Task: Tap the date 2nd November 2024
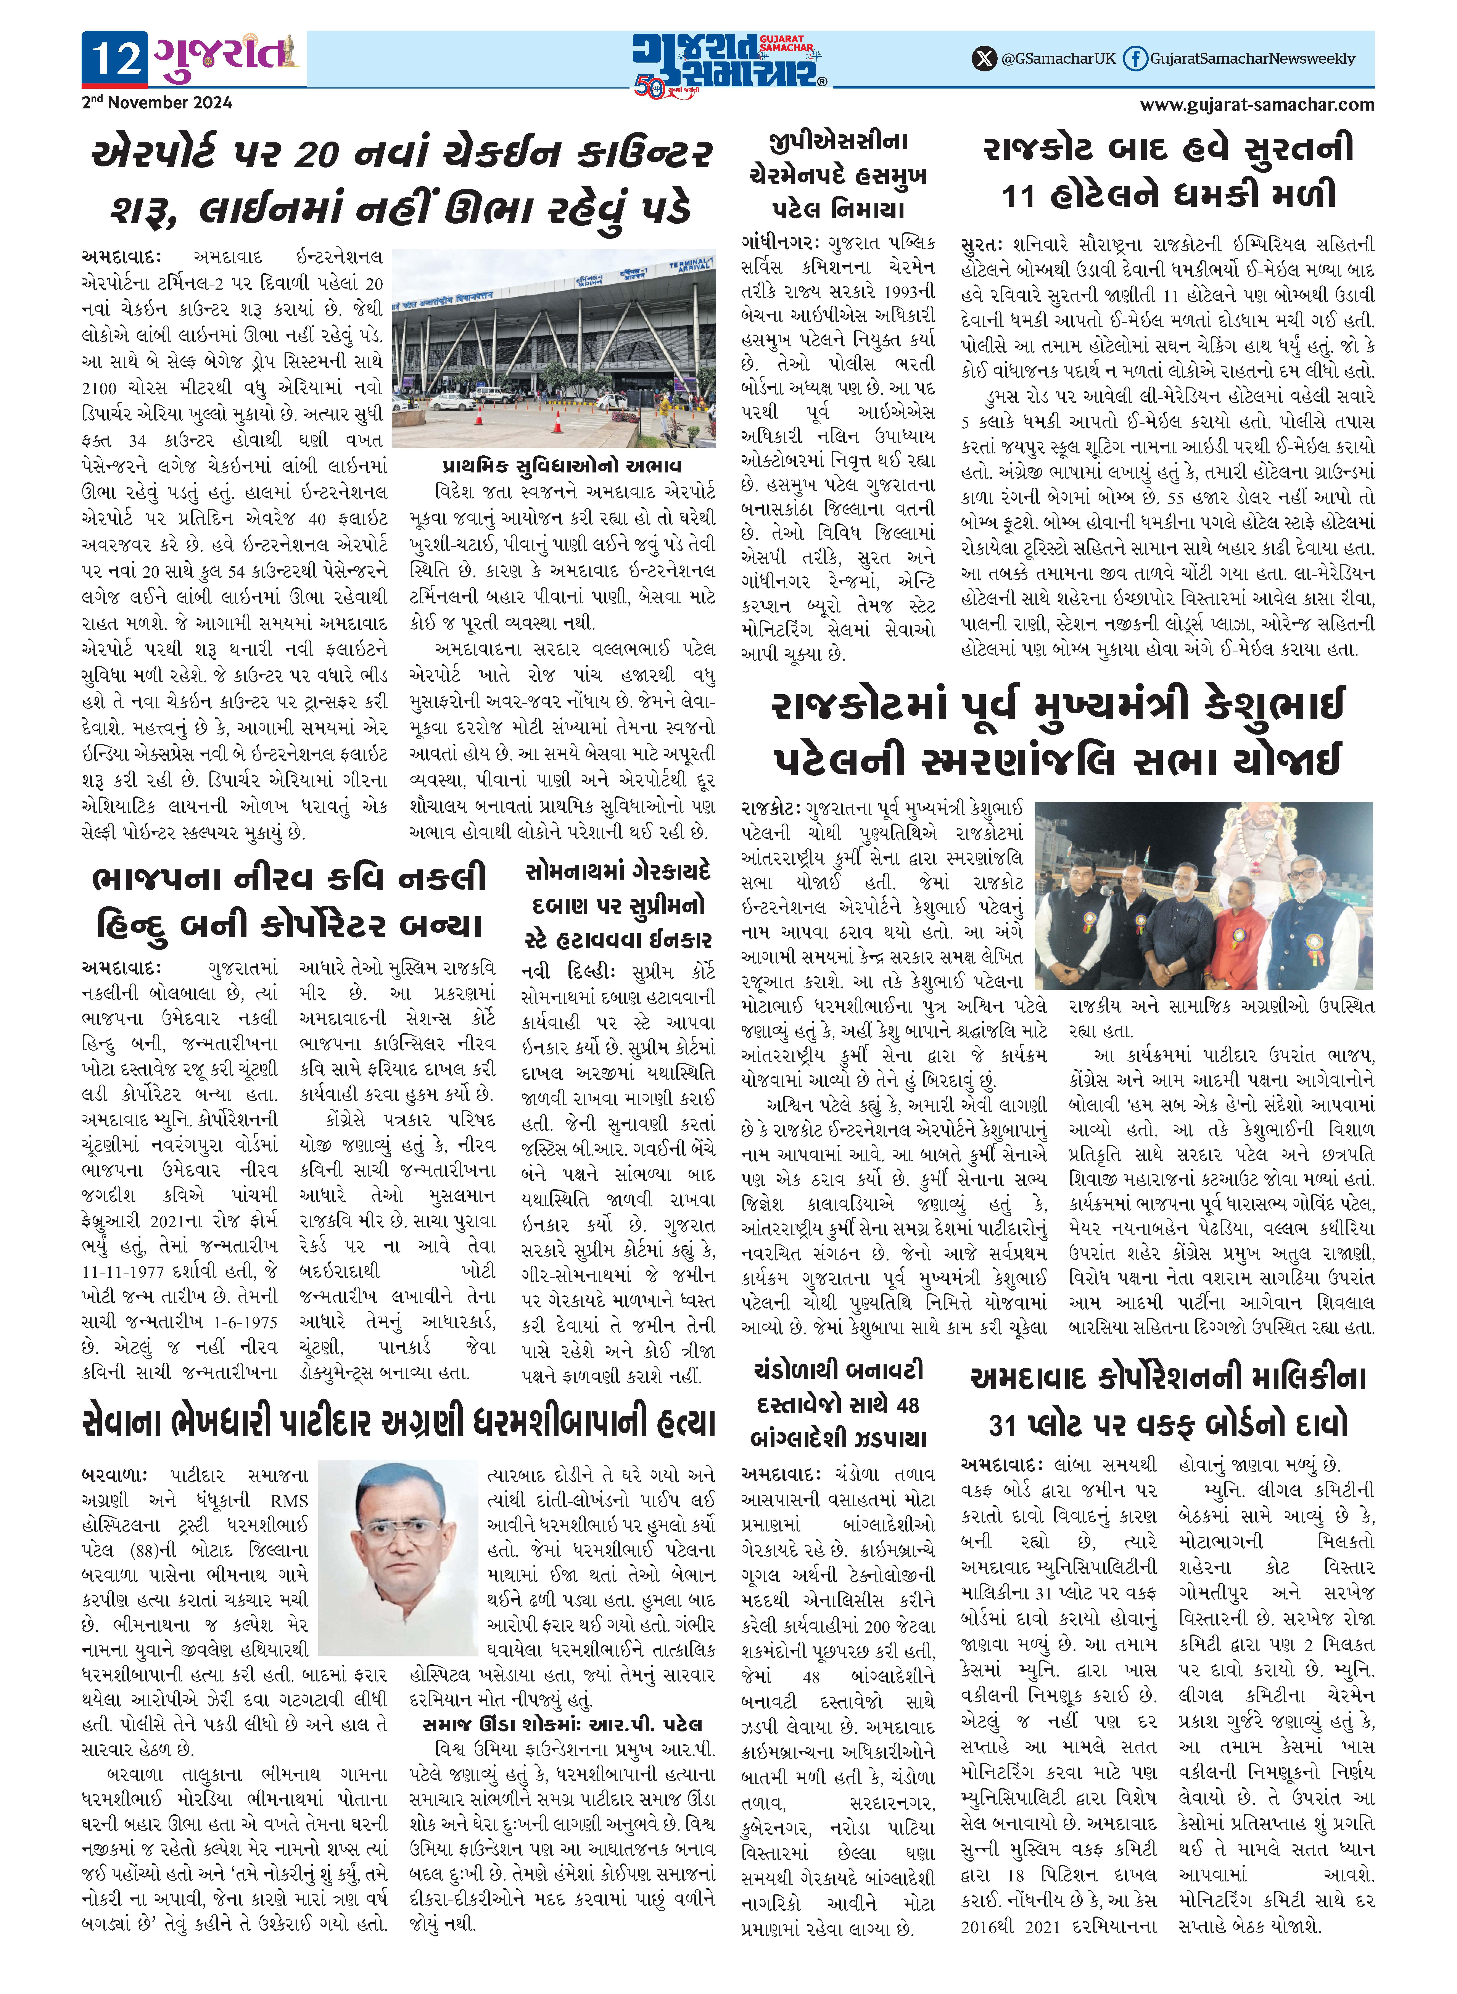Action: coord(157,102)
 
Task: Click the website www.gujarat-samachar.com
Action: coord(1257,105)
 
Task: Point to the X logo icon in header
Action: coord(983,59)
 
